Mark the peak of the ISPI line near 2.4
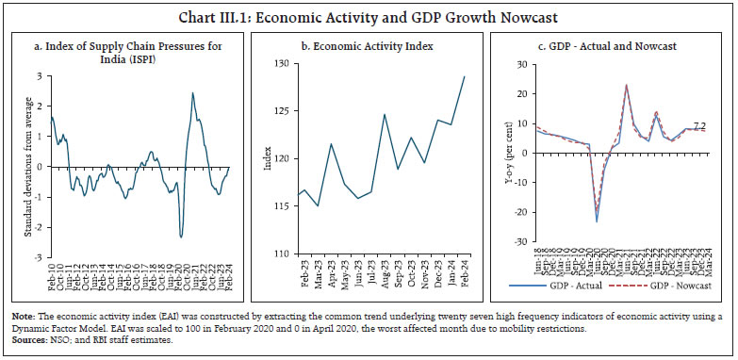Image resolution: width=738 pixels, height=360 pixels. [192, 92]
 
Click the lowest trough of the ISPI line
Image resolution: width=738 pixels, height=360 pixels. [181, 237]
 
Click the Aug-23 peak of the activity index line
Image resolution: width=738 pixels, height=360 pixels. [385, 115]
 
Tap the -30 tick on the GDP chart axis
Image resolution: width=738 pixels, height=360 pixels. [529, 242]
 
